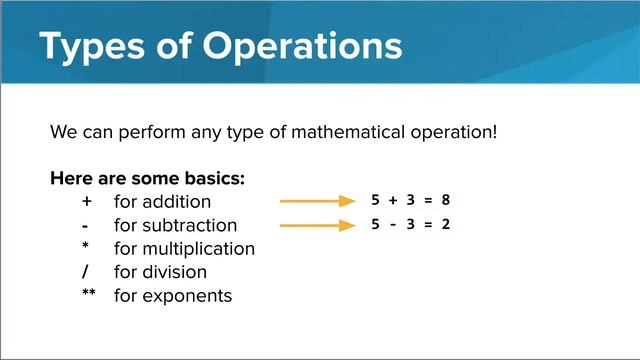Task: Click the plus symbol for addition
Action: point(87,202)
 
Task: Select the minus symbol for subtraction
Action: point(87,225)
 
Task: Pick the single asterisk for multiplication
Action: point(87,247)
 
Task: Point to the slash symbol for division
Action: point(87,272)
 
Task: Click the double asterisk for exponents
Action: point(89,294)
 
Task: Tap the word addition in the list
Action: point(176,202)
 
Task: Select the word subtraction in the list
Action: point(190,225)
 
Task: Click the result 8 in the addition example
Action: point(445,200)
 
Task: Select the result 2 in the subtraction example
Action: point(445,224)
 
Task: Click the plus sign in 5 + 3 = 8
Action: point(393,200)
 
